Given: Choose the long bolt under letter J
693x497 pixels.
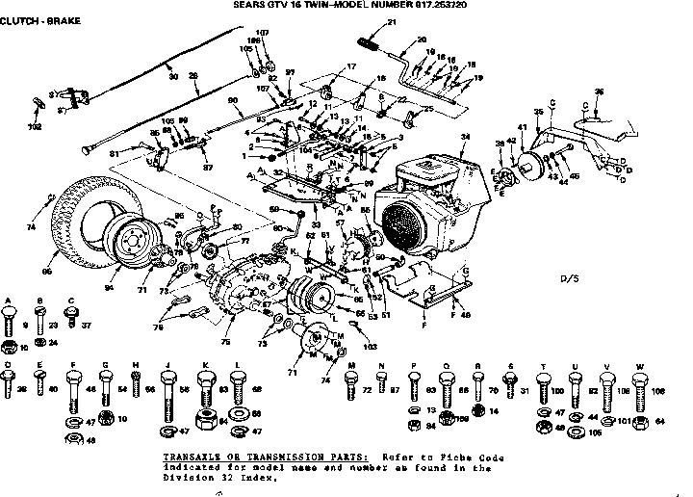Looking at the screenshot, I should pyautogui.click(x=169, y=392).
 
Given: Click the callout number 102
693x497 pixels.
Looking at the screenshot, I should pyautogui.click(x=36, y=126).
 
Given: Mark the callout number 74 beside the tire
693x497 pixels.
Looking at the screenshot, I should pyautogui.click(x=29, y=228).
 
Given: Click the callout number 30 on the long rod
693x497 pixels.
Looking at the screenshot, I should pyautogui.click(x=173, y=76).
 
